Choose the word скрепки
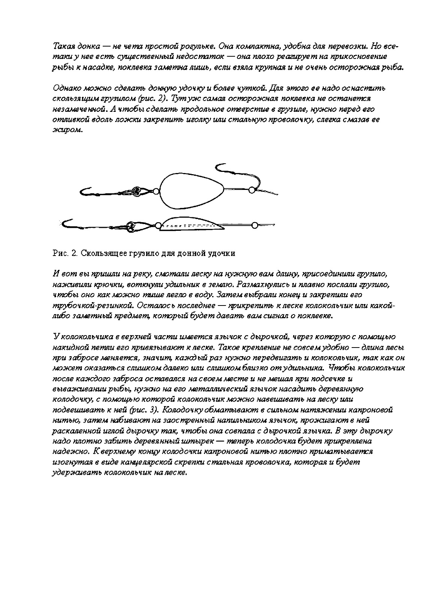pyautogui.click(x=189, y=462)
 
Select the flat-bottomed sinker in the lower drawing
pyautogui.click(x=191, y=224)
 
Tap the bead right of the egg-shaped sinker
pyautogui.click(x=251, y=190)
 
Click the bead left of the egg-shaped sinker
pyautogui.click(x=155, y=191)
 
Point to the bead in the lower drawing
pyautogui.click(x=255, y=225)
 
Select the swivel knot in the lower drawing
pyautogui.click(x=131, y=226)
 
